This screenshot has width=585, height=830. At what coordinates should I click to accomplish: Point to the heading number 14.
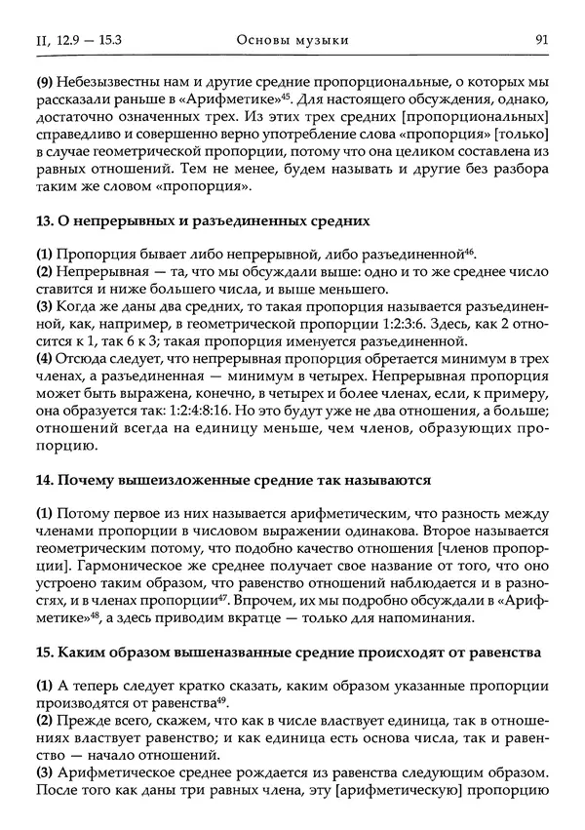click(43, 481)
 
